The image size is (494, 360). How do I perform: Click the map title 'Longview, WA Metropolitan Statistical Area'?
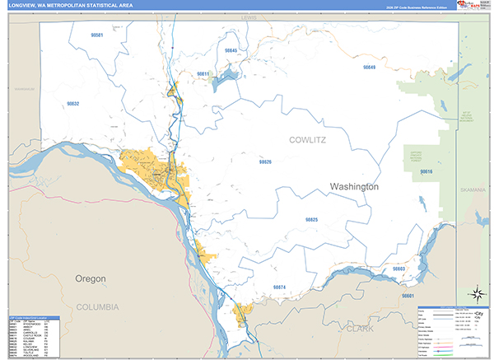(x=69, y=6)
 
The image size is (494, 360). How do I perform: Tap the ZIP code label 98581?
(x=98, y=36)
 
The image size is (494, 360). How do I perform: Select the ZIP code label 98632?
(x=72, y=104)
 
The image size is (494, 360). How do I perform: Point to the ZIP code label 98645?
(x=231, y=51)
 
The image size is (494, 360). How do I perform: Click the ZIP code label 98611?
(x=203, y=74)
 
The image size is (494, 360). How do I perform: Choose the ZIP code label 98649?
(x=369, y=68)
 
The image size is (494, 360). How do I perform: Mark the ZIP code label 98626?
(x=265, y=162)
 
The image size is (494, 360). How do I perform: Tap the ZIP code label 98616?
(x=426, y=171)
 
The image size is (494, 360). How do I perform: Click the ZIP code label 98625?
(x=311, y=220)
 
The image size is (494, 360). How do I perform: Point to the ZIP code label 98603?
(x=398, y=269)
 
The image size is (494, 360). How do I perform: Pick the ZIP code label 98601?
(x=408, y=296)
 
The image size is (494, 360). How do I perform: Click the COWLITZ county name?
(x=307, y=141)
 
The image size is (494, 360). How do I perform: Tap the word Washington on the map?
(x=354, y=187)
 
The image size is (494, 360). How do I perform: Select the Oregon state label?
(x=91, y=279)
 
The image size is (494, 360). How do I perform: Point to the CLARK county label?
(x=360, y=327)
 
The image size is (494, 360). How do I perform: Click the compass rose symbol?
(x=476, y=293)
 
